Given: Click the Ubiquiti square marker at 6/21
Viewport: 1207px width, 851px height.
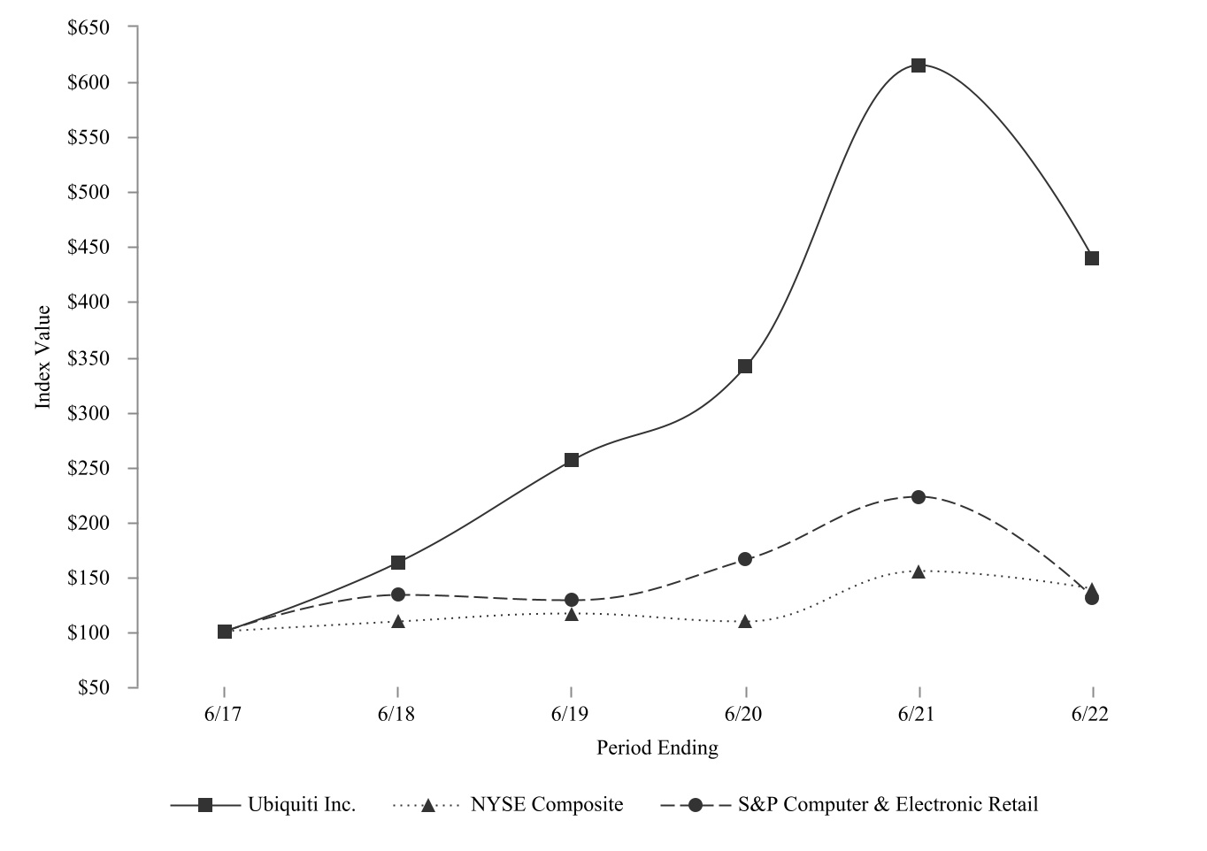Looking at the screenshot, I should point(919,65).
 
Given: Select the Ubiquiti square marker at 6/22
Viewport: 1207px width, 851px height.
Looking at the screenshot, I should point(1092,258).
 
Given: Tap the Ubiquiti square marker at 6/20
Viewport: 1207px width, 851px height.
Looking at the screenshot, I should point(745,366).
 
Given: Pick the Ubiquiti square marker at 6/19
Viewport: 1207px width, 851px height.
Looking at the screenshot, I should point(572,460).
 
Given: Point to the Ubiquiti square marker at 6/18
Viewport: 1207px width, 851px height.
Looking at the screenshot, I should point(398,563).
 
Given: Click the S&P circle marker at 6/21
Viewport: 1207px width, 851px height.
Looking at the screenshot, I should point(919,497).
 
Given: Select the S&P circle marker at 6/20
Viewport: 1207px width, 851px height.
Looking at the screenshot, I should point(745,559).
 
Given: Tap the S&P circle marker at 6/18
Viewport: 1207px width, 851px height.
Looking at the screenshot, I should point(398,594).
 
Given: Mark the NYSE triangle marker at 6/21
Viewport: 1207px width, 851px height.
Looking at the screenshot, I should point(919,571).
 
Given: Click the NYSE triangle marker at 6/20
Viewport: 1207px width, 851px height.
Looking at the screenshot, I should point(745,622).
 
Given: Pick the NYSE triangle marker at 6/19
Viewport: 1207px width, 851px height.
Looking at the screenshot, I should point(572,614).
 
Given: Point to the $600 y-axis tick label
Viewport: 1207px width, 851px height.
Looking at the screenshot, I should point(88,82).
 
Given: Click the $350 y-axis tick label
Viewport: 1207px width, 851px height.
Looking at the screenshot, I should point(88,358).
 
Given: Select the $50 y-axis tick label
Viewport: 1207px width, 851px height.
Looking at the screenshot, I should point(93,687).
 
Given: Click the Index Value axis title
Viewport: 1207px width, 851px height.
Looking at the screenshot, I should point(42,357).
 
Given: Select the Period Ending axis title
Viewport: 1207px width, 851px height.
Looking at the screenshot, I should point(657,748).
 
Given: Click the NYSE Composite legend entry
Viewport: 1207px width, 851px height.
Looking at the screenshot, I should point(546,805).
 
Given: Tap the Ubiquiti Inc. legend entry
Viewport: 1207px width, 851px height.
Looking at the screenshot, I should point(302,805).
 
